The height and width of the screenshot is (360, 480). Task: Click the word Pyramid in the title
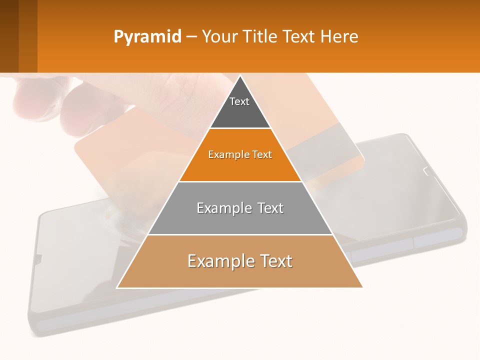147,37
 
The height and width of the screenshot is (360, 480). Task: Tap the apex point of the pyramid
240,76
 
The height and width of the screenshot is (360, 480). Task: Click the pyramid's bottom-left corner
117,287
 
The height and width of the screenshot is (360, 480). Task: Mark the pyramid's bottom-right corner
362,287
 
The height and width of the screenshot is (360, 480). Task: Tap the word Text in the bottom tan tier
273,261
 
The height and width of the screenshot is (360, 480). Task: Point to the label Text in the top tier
239,101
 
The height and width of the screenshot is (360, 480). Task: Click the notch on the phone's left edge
38,258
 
